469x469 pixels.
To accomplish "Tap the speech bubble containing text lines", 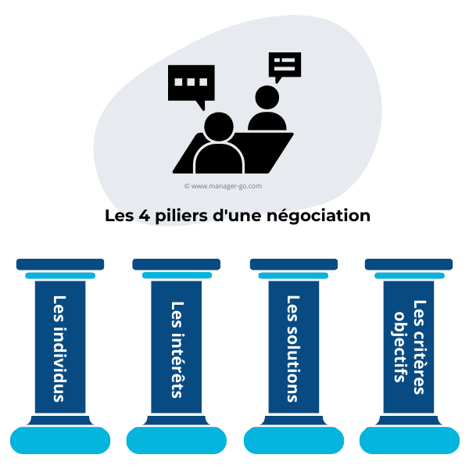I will (x=285, y=66).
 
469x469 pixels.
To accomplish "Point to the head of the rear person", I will (x=267, y=98).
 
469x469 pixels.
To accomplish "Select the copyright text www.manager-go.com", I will (x=223, y=186).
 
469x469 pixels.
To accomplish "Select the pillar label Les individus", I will (x=59, y=348).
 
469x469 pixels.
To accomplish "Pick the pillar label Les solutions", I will (x=293, y=348).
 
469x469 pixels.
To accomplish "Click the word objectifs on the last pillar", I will (x=401, y=346).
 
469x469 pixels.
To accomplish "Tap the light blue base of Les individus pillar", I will (x=59, y=441).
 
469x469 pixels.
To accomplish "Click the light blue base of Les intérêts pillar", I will (x=177, y=441).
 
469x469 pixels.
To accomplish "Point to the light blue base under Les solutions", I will (x=294, y=441).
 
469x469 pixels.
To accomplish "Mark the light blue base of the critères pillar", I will (x=410, y=441).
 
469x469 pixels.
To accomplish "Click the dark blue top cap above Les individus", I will (x=60, y=264).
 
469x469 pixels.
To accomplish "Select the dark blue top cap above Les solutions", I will (x=294, y=264).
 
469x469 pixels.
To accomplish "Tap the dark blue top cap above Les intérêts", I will (x=177, y=264).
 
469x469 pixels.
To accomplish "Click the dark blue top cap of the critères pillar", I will (x=409, y=264).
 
